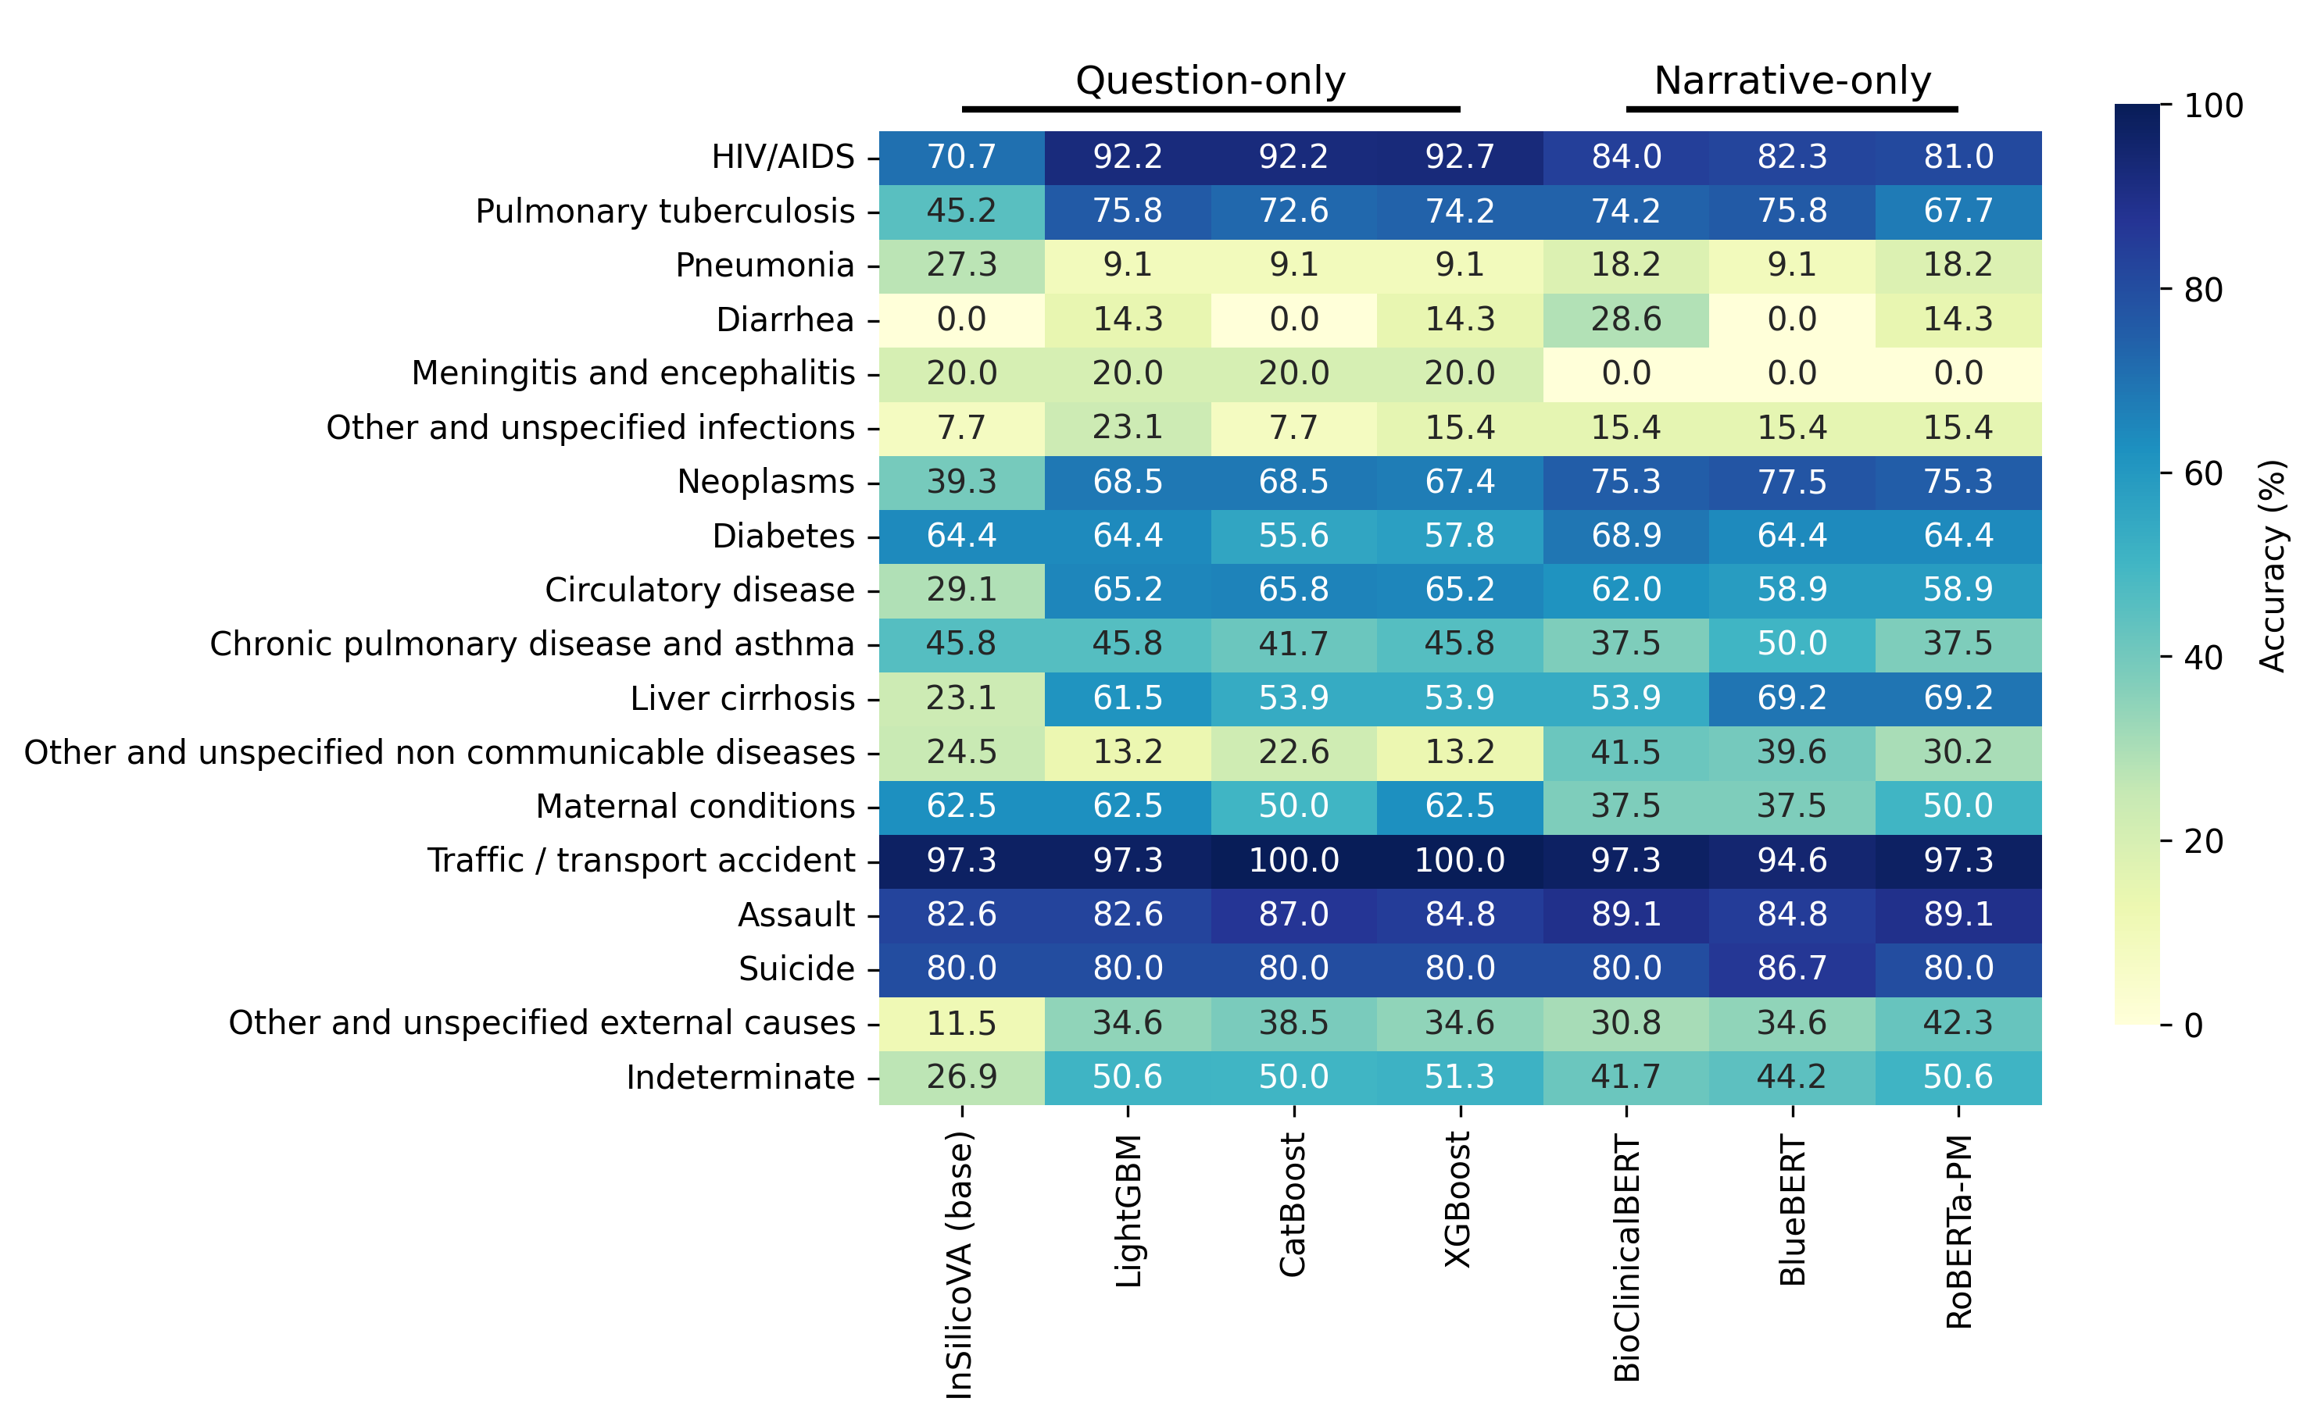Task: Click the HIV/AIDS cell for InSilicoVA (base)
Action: [961, 156]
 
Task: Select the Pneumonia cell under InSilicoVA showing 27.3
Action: [961, 265]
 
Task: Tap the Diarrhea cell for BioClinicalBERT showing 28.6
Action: [1626, 319]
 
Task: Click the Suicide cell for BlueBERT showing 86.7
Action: [1791, 968]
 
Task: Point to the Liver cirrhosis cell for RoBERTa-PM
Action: [1958, 697]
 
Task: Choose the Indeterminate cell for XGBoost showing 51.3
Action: [1459, 1077]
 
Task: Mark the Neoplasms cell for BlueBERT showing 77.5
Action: [1791, 481]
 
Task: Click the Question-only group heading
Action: [1211, 81]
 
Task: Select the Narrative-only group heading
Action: [1793, 81]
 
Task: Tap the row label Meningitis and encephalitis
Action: [633, 373]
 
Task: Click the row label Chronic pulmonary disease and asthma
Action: [532, 644]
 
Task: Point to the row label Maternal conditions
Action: [695, 807]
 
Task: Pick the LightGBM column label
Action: [1128, 1211]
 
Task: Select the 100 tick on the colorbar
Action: [2212, 105]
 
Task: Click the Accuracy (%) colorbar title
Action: [2273, 565]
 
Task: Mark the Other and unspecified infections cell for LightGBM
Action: [1128, 427]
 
